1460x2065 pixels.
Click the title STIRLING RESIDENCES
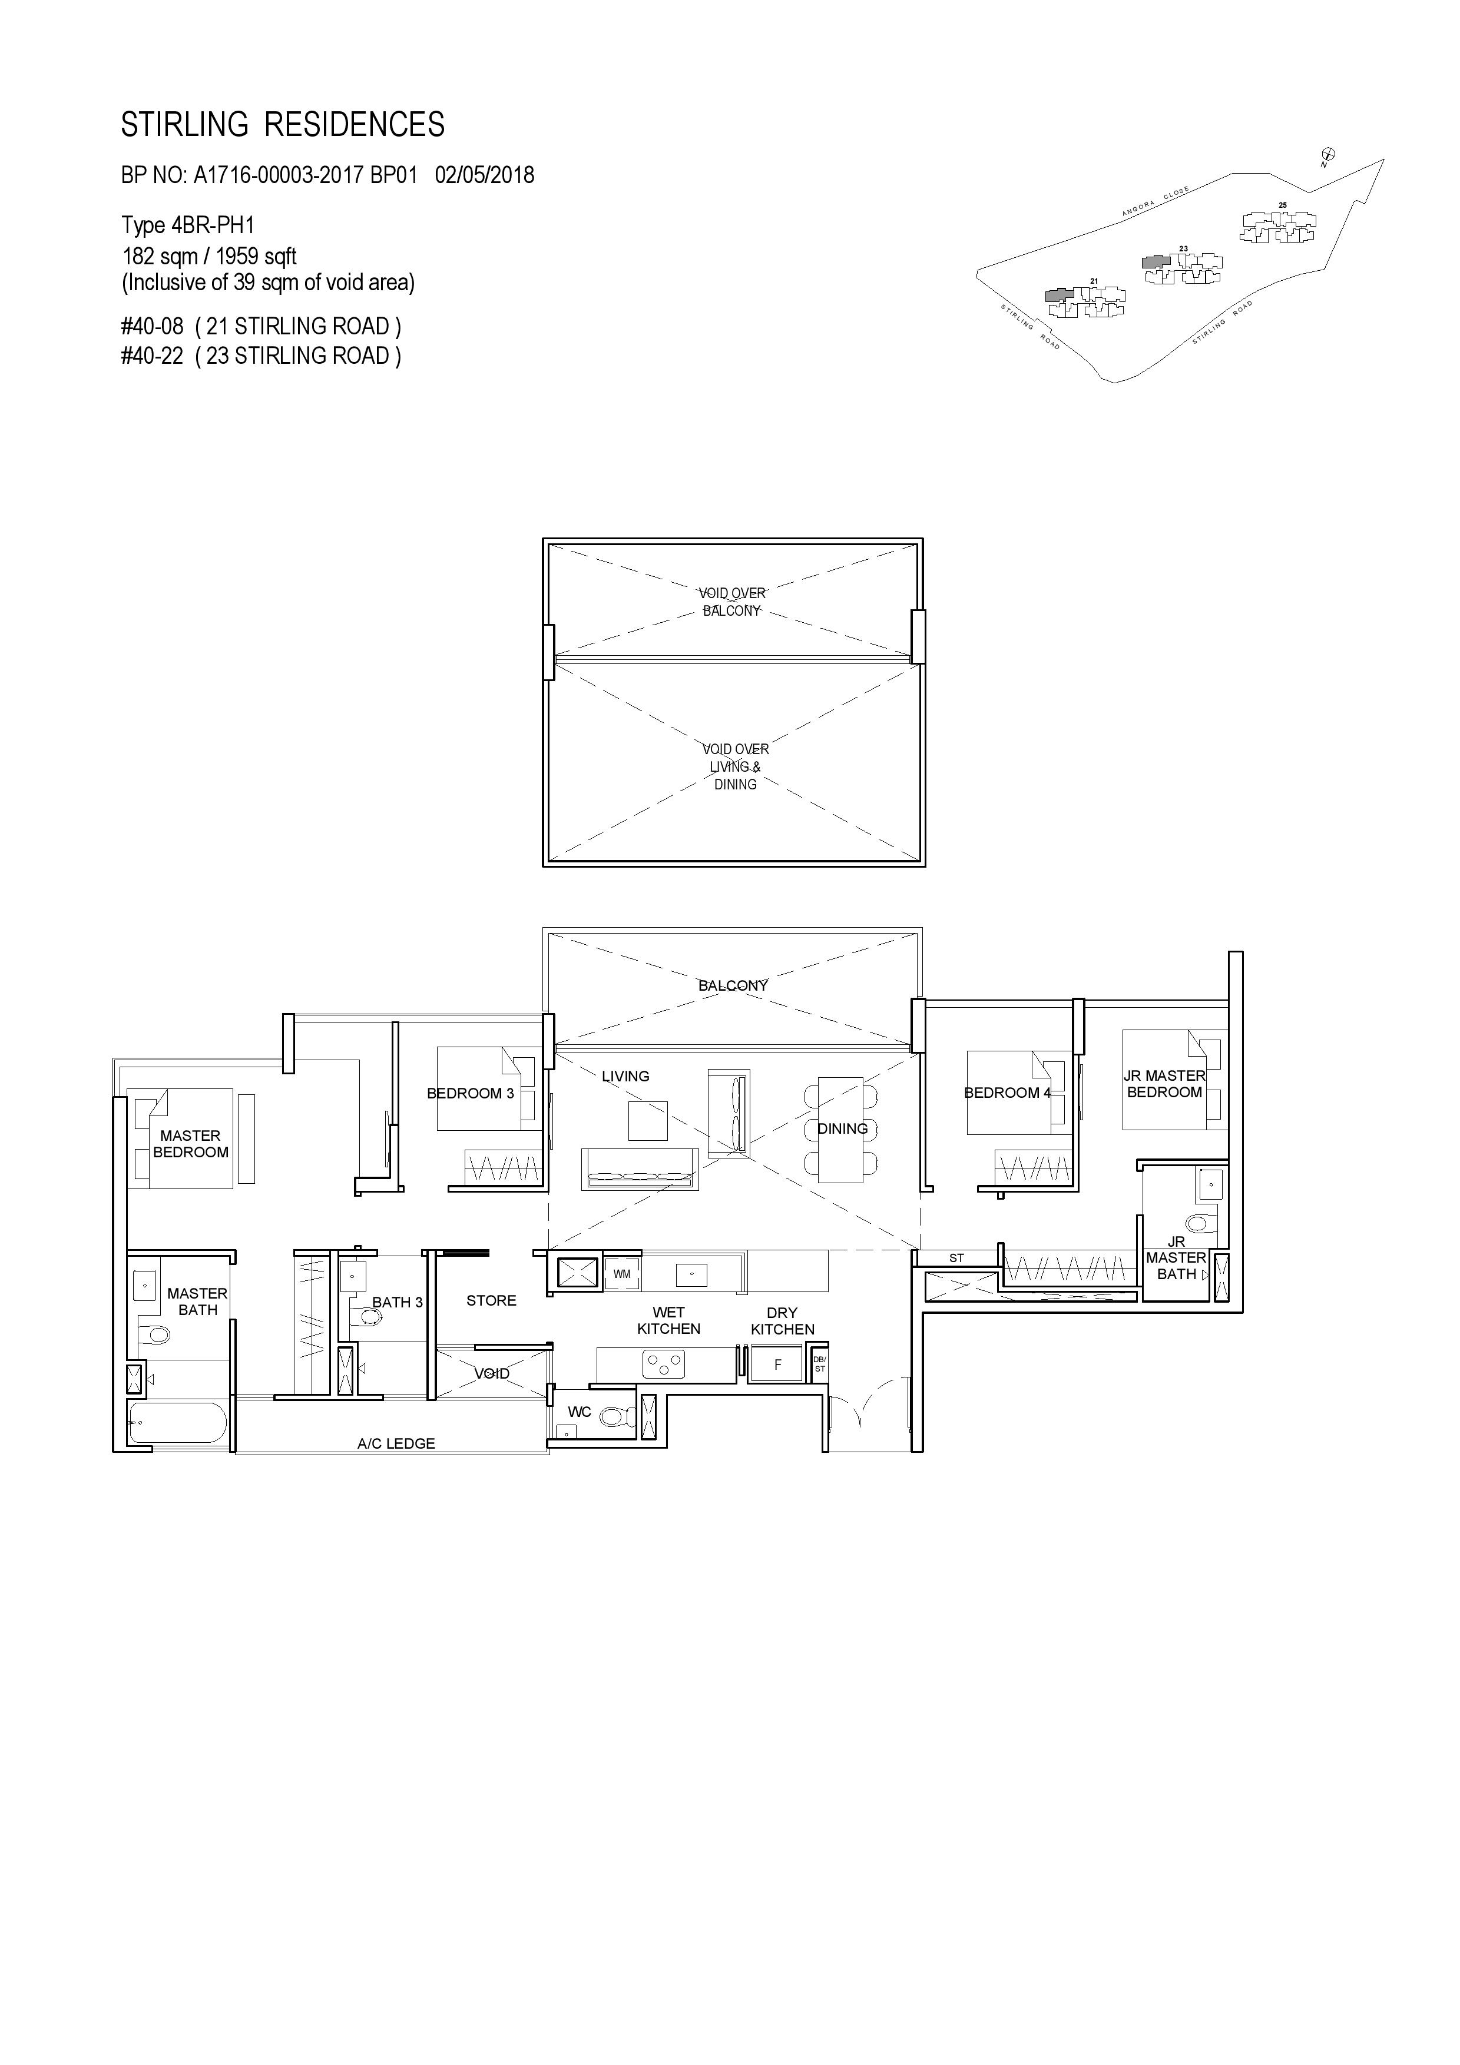(283, 125)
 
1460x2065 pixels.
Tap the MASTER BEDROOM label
(191, 1144)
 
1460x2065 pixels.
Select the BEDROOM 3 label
(471, 1094)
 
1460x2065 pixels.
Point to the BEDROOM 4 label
(1008, 1093)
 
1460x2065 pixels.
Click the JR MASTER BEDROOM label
(1164, 1084)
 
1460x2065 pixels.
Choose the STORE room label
(491, 1300)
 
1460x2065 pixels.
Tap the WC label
(580, 1412)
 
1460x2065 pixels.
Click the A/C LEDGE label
(396, 1443)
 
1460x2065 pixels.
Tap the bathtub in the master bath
(177, 1424)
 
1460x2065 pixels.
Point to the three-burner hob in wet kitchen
(664, 1365)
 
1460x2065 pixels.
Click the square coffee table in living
(648, 1121)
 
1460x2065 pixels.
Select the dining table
(840, 1128)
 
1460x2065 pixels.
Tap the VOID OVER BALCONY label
(732, 602)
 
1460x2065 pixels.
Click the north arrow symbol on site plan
(1327, 155)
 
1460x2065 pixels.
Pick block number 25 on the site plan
(1283, 205)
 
